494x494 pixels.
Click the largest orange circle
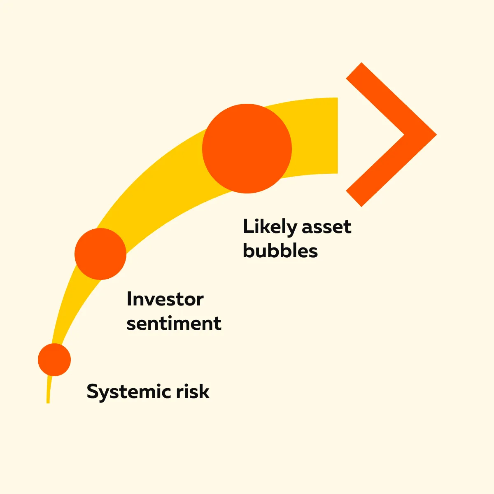(x=247, y=149)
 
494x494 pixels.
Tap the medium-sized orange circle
(x=100, y=254)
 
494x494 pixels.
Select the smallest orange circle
(x=54, y=360)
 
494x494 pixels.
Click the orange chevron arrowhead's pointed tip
(x=436, y=134)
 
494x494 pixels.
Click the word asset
(x=326, y=227)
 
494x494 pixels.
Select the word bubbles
(x=280, y=250)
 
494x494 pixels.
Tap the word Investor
(x=165, y=299)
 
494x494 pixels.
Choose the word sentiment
(x=174, y=323)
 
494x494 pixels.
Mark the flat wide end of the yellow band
(x=338, y=135)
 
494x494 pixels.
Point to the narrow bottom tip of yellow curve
(x=48, y=403)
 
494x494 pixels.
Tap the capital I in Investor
(x=129, y=299)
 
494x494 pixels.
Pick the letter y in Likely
(x=291, y=229)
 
